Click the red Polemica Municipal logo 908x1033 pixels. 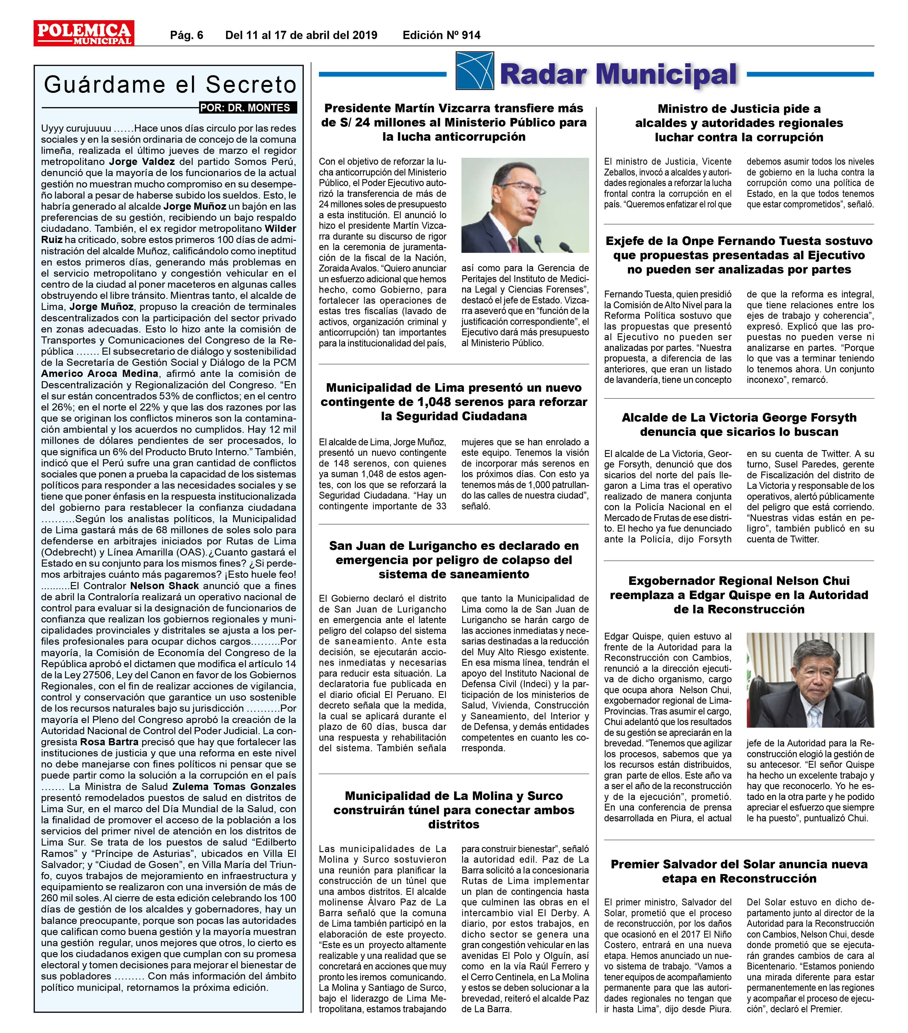point(84,33)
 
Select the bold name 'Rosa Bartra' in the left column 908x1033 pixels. point(109,742)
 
